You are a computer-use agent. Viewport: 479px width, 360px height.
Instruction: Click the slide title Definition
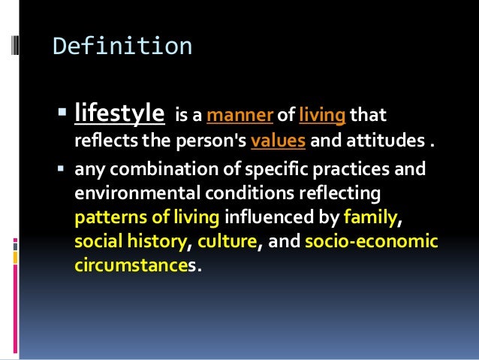122,47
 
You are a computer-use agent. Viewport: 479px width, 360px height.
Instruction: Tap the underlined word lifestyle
119,115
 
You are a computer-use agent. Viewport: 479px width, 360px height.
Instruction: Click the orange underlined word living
322,116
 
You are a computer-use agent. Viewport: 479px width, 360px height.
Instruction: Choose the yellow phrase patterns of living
146,219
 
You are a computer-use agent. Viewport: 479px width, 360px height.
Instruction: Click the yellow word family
368,219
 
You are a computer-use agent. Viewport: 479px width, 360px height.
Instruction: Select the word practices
356,170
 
